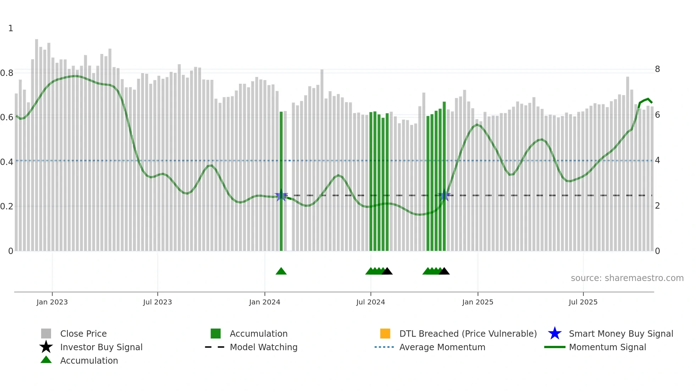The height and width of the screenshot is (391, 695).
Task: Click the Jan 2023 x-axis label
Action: coord(52,302)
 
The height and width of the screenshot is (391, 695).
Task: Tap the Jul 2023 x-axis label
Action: coord(157,302)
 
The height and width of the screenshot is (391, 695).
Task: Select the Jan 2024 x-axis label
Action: coord(265,302)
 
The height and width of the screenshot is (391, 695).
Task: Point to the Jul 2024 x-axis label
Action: coord(371,302)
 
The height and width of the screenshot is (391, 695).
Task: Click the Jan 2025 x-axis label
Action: coord(478,302)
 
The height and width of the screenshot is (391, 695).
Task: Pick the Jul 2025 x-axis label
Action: coord(583,302)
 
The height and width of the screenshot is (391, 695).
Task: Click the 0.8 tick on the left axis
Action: coord(7,73)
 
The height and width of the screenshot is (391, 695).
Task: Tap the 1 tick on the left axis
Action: coord(11,28)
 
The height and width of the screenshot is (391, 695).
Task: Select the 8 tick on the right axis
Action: coord(657,69)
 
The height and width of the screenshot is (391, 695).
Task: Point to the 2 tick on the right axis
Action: coord(657,206)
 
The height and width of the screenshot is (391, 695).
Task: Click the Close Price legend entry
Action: coord(83,334)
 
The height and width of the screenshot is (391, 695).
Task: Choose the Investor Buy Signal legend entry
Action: coord(101,347)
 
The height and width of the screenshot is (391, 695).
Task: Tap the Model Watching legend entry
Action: coord(263,347)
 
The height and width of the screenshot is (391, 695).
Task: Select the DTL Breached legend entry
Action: coord(468,334)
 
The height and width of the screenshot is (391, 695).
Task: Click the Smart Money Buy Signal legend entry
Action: coord(621,334)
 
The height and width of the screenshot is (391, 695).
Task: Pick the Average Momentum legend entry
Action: coord(442,347)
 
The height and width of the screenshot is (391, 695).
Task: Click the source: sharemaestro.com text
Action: coord(627,278)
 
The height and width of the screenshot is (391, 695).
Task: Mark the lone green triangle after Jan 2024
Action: coord(281,271)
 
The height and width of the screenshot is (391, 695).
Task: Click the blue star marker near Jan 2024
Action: coord(281,195)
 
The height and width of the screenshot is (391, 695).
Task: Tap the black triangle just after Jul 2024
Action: coord(387,271)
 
